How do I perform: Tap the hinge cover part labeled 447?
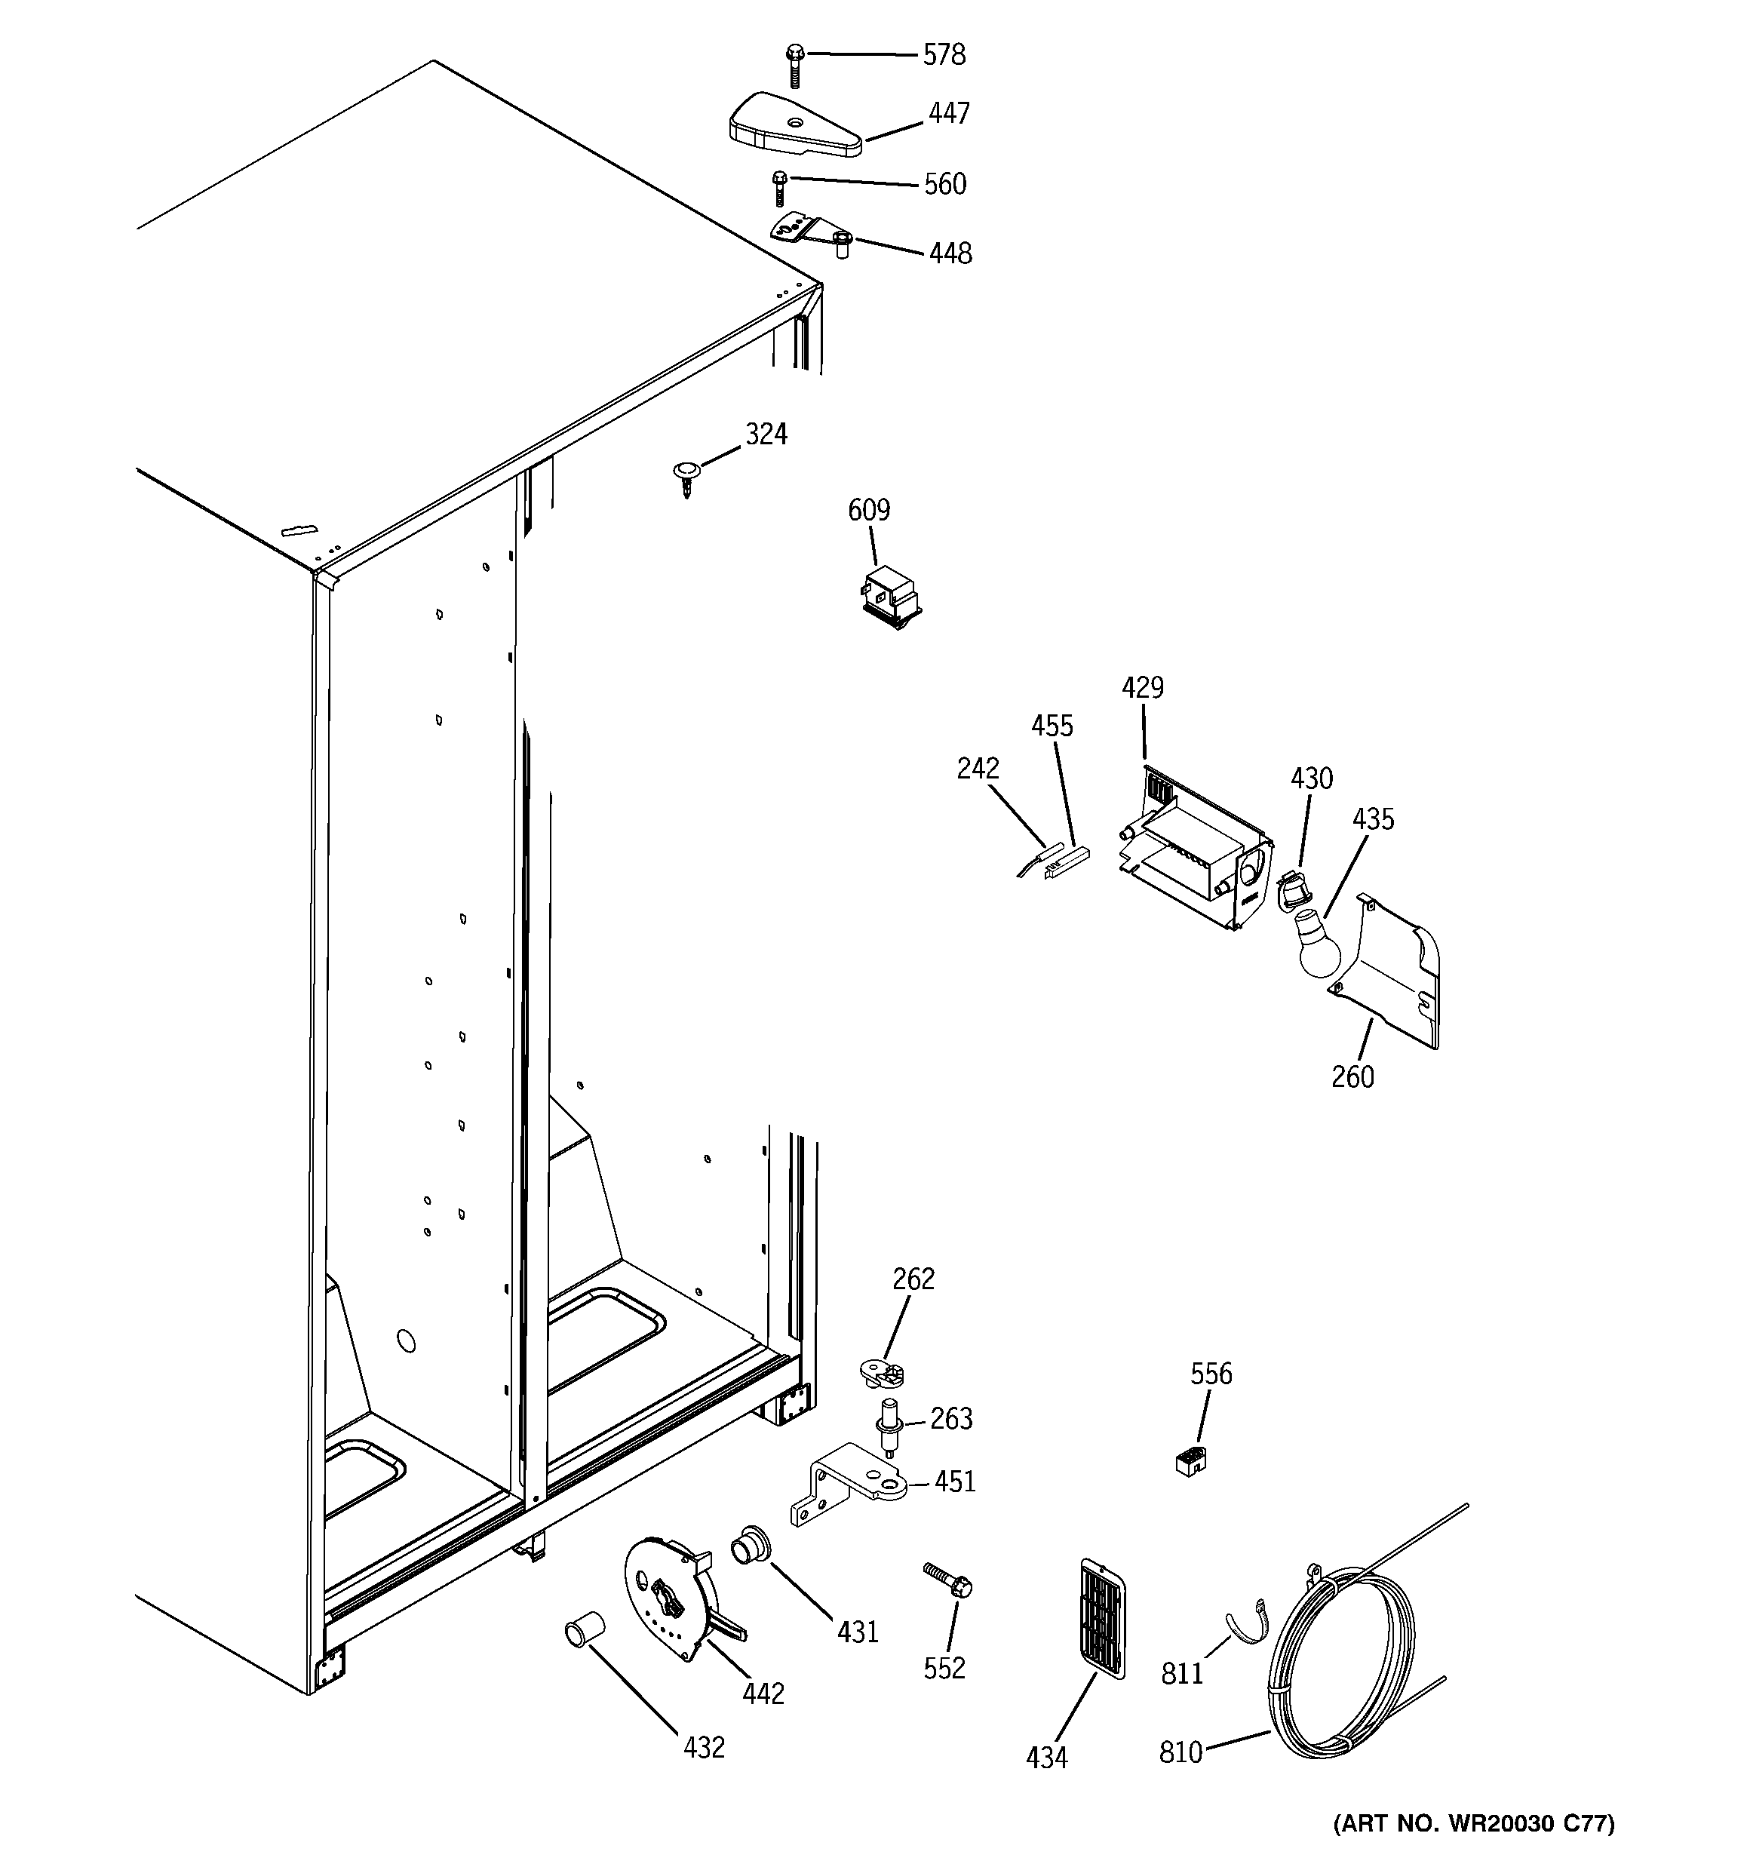794,126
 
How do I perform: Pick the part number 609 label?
868,511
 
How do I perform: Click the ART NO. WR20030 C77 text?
1473,1824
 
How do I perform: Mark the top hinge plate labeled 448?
809,230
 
